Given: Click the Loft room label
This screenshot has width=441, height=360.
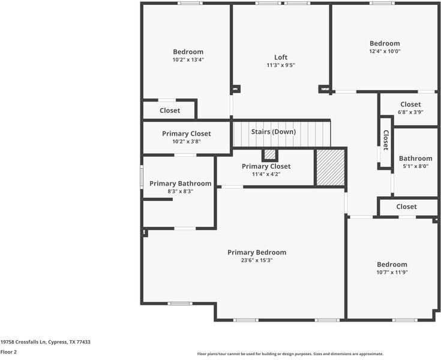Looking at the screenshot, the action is [x=281, y=58].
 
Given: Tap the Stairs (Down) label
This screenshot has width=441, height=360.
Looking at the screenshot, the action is [x=274, y=131].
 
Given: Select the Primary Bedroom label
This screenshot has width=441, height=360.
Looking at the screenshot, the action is [x=257, y=253].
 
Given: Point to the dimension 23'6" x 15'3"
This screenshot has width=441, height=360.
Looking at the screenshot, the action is [x=257, y=260].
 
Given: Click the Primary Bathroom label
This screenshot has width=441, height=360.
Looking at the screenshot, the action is [x=180, y=184].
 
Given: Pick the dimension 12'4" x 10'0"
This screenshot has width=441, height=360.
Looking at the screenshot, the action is [x=385, y=51].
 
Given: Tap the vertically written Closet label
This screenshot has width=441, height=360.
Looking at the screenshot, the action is [x=386, y=140].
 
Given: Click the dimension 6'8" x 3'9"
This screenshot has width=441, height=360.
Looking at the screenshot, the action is [x=410, y=112].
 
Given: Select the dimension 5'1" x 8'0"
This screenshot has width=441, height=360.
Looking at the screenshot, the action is [x=416, y=166].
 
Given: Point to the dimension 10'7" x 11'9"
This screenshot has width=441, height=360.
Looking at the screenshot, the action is [x=392, y=272].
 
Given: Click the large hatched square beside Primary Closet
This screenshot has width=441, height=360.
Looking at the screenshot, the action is [x=331, y=167].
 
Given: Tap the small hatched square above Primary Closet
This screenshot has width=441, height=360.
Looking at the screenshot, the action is [x=270, y=154].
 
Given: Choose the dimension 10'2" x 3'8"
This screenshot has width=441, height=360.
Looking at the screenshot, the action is [x=187, y=142].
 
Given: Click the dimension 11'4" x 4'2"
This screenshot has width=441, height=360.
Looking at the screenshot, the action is [x=266, y=174].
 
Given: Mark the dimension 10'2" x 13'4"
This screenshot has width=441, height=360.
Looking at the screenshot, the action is [x=188, y=59].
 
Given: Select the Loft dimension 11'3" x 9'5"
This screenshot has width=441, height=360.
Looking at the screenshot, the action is [x=281, y=65].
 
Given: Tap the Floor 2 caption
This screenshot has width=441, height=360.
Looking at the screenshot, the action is [x=8, y=352].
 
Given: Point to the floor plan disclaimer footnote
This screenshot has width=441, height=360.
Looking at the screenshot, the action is [x=290, y=354].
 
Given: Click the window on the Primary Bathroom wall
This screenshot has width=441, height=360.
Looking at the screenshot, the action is [x=142, y=176].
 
